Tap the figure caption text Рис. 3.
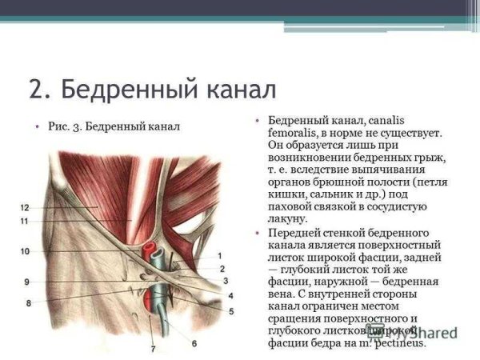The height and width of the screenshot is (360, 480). click(x=62, y=126)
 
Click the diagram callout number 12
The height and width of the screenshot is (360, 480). click(x=25, y=207)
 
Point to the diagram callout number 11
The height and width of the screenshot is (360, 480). click(x=25, y=220)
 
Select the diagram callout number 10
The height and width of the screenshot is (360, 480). click(x=25, y=251)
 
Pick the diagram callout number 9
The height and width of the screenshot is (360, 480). click(x=26, y=282)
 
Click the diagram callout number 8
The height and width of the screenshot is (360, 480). click(x=28, y=303)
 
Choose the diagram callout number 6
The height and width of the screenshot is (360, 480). click(x=193, y=343)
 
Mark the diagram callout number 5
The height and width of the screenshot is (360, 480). click(x=231, y=310)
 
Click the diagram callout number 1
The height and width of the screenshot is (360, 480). click(x=220, y=256)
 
